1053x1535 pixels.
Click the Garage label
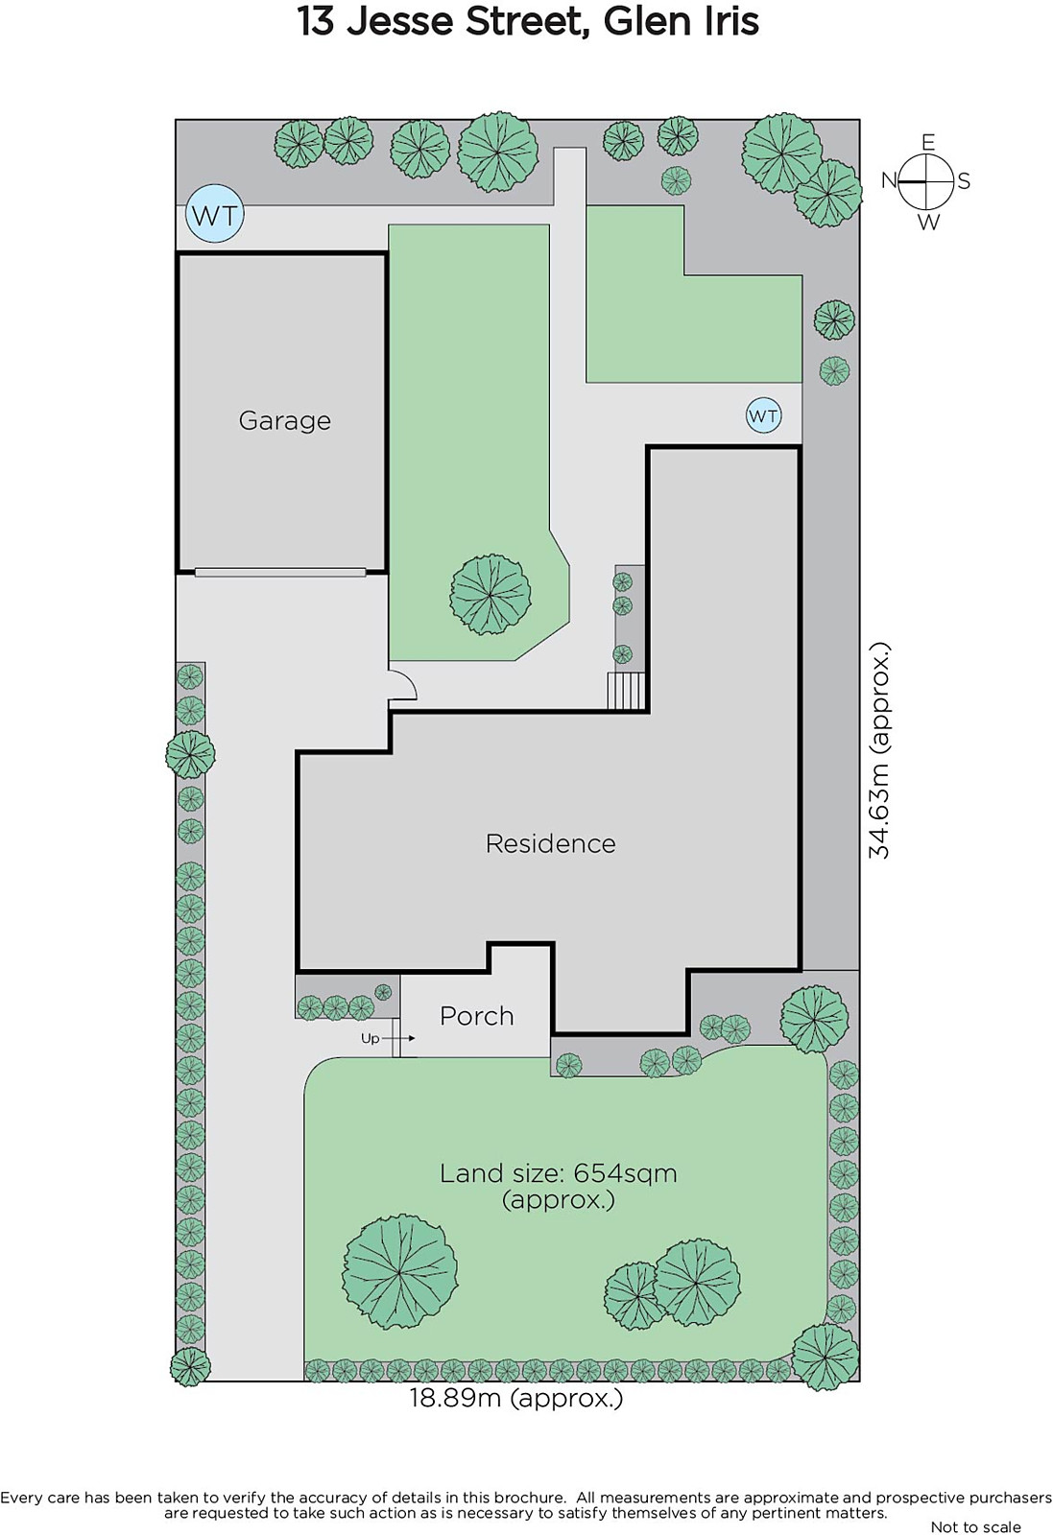coord(284,420)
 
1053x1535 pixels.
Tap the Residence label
coord(550,843)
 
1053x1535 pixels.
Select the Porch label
coord(476,1016)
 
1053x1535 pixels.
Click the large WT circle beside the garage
coord(215,214)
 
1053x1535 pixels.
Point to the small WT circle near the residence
coord(763,415)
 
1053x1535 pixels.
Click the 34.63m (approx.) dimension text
coord(879,749)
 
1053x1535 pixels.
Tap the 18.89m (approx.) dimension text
coord(516,1397)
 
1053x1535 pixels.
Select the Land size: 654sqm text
coord(558,1173)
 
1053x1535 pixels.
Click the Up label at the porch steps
coord(371,1038)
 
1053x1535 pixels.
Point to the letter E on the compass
coord(928,143)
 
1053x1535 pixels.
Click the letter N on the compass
coord(889,180)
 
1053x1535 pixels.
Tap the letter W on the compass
coord(928,222)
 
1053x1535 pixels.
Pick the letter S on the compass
coord(964,181)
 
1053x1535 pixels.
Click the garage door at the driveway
coord(279,572)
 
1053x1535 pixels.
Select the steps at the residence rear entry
coord(626,691)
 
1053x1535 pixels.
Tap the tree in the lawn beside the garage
coord(491,595)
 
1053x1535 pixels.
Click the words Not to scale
coord(975,1526)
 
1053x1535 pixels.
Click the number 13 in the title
coord(317,21)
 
